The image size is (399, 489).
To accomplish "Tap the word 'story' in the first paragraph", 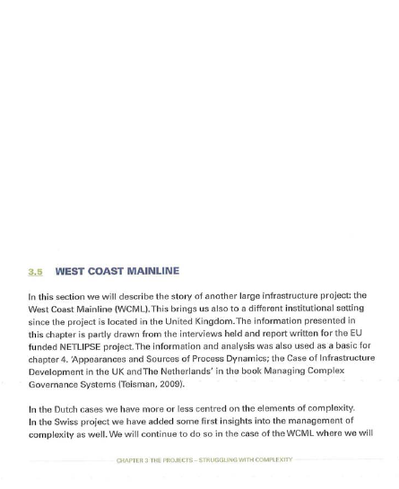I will point(169,295).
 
